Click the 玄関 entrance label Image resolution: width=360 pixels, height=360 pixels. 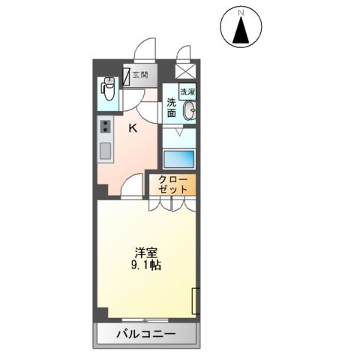140,74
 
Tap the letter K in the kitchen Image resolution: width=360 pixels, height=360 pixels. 133,128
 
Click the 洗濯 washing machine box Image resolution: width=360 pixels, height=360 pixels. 186,92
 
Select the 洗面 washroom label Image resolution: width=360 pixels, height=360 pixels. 172,107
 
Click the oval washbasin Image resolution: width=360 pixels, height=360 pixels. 188,112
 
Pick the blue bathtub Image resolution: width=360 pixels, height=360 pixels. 178,159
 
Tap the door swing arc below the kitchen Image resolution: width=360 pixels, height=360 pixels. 132,186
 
